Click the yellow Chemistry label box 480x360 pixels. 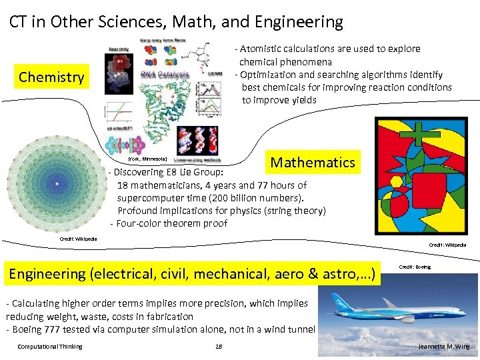click(x=51, y=77)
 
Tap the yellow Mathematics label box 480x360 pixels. click(x=312, y=162)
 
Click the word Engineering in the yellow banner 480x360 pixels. click(x=47, y=273)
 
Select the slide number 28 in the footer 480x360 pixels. click(x=219, y=346)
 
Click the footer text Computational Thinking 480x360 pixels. click(x=50, y=346)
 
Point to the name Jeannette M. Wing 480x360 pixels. click(x=443, y=347)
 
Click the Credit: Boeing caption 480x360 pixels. click(x=415, y=267)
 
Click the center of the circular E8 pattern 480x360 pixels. click(x=57, y=183)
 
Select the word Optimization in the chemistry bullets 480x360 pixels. click(x=272, y=75)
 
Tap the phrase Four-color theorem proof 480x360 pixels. click(x=172, y=223)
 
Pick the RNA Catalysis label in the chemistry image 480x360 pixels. click(x=165, y=74)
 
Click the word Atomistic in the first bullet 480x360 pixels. click(x=263, y=49)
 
